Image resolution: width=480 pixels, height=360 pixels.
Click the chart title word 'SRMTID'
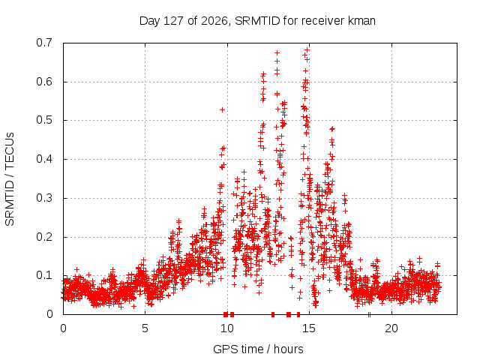point(257,21)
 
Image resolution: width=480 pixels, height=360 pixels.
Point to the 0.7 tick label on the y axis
point(44,43)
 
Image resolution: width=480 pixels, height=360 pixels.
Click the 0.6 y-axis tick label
point(44,82)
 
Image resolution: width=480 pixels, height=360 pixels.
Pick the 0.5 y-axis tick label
point(44,120)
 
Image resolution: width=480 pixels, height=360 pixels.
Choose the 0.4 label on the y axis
point(44,159)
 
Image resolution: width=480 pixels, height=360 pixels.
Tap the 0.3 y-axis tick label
point(44,198)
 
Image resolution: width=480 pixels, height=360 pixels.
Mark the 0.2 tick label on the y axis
point(44,237)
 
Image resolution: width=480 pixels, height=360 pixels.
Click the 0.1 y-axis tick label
point(44,275)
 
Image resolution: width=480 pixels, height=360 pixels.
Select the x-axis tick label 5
point(145,328)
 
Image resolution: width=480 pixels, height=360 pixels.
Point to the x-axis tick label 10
point(227,328)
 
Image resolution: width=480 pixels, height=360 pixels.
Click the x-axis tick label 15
point(309,328)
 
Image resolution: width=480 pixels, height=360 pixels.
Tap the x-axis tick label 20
point(391,328)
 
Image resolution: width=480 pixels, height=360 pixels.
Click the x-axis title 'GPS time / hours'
point(258,349)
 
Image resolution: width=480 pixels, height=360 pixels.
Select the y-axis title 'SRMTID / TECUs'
point(10,179)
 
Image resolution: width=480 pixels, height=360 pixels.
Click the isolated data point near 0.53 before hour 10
point(223,109)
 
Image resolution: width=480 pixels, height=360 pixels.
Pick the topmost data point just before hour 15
point(307,49)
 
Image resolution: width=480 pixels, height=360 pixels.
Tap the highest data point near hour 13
point(277,53)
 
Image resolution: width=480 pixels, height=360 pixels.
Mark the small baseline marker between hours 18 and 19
point(369,314)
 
